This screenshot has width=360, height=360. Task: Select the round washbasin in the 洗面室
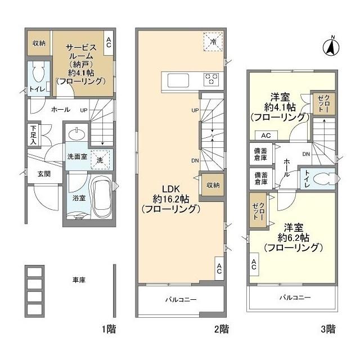click(x=76, y=134)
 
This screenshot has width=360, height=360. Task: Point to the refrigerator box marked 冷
click(x=213, y=42)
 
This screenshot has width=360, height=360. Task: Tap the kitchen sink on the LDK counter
click(x=177, y=79)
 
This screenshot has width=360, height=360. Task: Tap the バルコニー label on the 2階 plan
click(x=181, y=300)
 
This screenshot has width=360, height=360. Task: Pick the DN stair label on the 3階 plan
click(x=306, y=155)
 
